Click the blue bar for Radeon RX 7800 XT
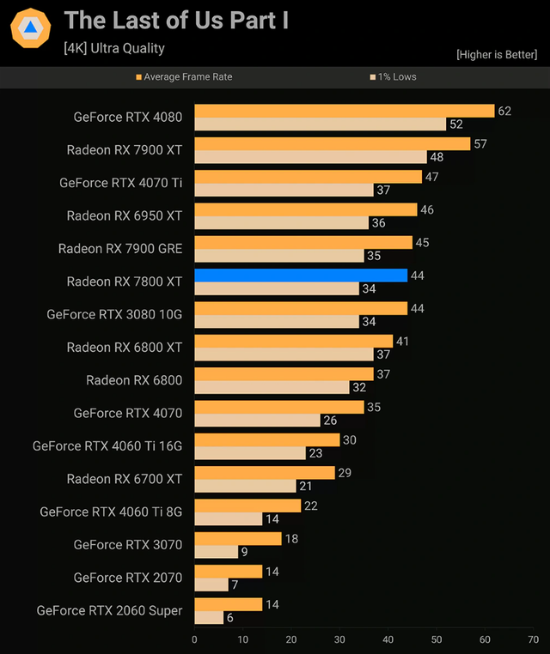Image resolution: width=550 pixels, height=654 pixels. (x=301, y=276)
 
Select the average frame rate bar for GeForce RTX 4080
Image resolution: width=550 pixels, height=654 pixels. (x=344, y=111)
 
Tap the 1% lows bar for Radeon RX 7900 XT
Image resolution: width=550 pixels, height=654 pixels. (x=310, y=157)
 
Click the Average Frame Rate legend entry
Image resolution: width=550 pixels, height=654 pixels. (x=184, y=77)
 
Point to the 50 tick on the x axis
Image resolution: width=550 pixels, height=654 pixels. (x=437, y=639)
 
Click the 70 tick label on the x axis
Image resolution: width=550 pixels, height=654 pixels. (x=534, y=639)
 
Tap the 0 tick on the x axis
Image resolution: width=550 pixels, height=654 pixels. (x=194, y=639)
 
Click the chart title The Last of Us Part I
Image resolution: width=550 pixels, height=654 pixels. (x=176, y=21)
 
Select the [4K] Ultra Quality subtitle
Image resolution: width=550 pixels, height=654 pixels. (x=114, y=49)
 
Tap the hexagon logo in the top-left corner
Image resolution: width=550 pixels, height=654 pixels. (x=30, y=28)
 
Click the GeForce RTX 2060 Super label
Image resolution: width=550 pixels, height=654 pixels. (x=109, y=610)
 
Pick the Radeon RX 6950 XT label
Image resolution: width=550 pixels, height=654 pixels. (x=125, y=215)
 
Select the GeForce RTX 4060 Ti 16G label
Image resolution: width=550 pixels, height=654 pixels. (x=107, y=445)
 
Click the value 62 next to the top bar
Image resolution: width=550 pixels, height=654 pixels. (x=504, y=111)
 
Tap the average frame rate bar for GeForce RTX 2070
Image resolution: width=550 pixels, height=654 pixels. (x=228, y=572)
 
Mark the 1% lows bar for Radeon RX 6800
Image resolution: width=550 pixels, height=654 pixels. (x=272, y=387)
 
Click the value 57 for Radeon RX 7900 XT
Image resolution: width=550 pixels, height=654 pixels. (x=480, y=143)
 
